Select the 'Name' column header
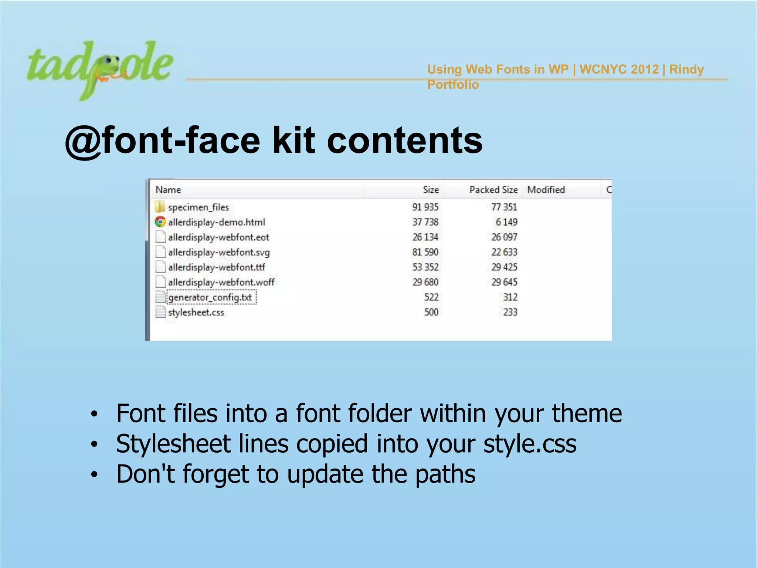pos(168,190)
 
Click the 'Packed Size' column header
pos(493,190)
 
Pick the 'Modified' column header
pos(546,190)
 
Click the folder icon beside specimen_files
pos(160,207)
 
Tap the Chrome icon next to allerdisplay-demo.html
pos(160,222)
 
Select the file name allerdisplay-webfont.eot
pos(218,237)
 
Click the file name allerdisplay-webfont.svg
pos(219,252)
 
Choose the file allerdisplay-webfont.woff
pos(221,282)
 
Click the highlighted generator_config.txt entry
pos(210,297)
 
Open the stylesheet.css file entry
pos(196,312)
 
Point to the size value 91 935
pos(425,207)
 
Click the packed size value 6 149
pos(506,222)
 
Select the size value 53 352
pos(425,267)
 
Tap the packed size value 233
pos(510,312)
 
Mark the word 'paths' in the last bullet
pos(445,474)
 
